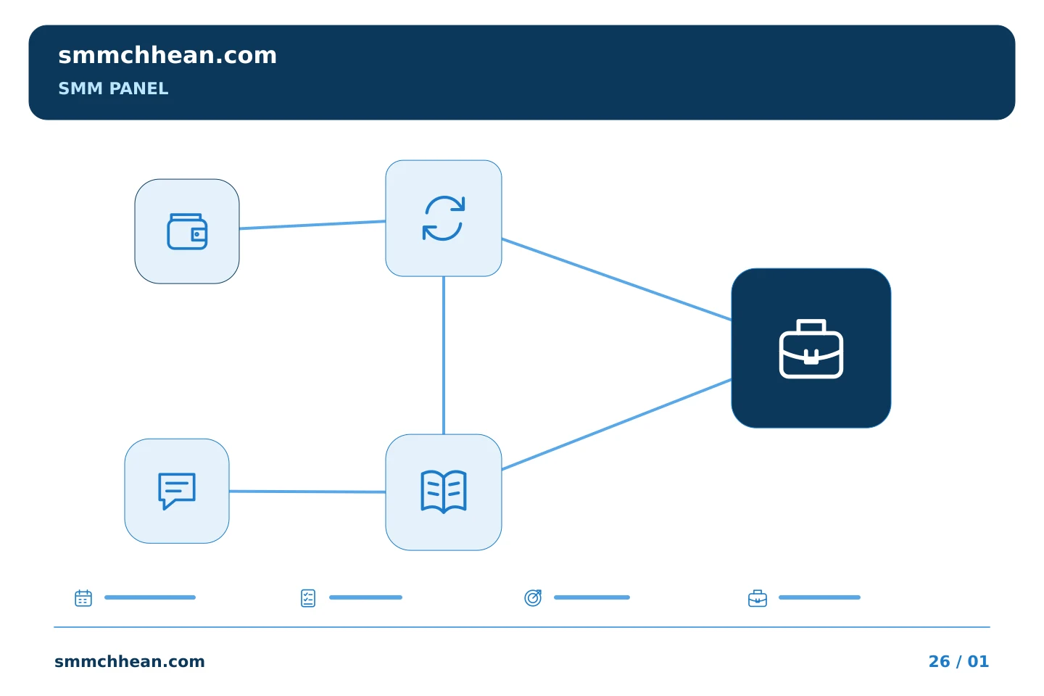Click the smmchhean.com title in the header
(x=167, y=56)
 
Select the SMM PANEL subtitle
(x=113, y=88)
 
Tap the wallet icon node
(x=187, y=231)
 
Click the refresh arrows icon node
(x=444, y=218)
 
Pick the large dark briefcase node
(x=811, y=348)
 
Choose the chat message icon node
(x=177, y=491)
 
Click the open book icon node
(x=444, y=492)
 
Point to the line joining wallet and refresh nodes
(x=312, y=225)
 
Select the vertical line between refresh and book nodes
(x=444, y=355)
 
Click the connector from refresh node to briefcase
(x=616, y=279)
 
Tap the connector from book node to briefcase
(x=616, y=425)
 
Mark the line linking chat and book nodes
(x=307, y=492)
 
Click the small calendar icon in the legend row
(x=83, y=597)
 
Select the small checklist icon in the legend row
(x=308, y=598)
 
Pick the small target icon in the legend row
(x=533, y=597)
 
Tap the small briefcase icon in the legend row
(x=758, y=598)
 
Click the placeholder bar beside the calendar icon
(x=150, y=597)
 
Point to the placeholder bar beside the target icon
(x=592, y=597)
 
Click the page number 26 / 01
(x=958, y=661)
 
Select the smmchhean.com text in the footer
(x=130, y=661)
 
